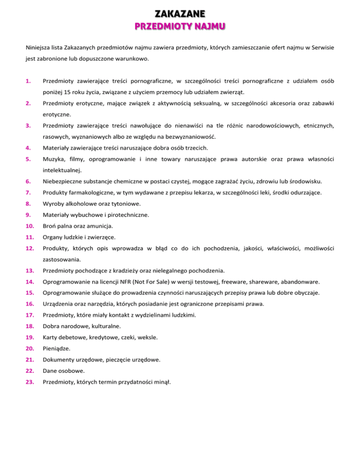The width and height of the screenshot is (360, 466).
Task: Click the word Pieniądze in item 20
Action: coord(56,348)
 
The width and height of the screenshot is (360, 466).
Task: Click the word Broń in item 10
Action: coord(50,226)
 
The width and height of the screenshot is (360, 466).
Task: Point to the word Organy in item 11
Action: coord(53,237)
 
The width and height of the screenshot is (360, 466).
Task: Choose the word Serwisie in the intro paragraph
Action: coord(320,48)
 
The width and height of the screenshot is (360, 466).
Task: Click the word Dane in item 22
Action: coord(50,371)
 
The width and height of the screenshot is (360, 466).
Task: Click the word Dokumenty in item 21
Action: coord(58,360)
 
